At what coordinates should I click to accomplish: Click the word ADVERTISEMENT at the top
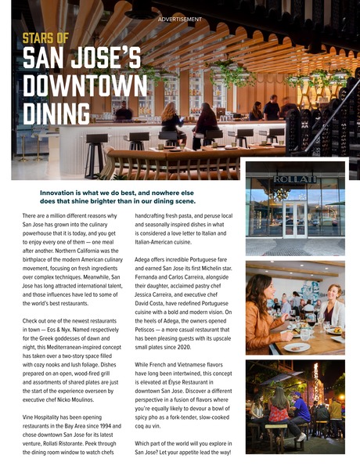[x=179, y=19]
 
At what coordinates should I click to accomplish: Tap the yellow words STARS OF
[x=45, y=38]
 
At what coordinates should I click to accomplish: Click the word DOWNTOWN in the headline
[x=85, y=86]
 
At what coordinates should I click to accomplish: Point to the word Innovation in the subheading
[x=64, y=190]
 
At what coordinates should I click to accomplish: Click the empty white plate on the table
[x=297, y=347]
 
